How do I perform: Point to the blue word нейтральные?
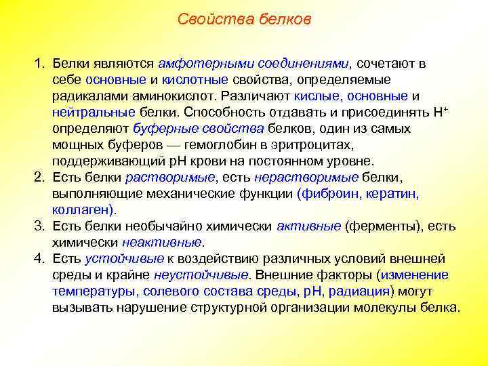tap(94, 113)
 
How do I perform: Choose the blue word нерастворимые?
tap(306, 178)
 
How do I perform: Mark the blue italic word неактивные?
tap(162, 243)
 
